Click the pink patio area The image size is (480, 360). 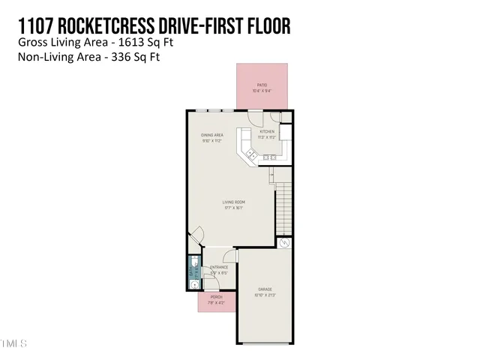point(262,86)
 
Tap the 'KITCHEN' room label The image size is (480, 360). point(267,132)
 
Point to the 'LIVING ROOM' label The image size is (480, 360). point(234,202)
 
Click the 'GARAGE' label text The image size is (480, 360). point(265,289)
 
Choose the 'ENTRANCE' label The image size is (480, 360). point(219,268)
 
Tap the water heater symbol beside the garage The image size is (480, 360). point(284,244)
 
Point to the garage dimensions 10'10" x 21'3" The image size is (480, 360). point(265,295)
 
